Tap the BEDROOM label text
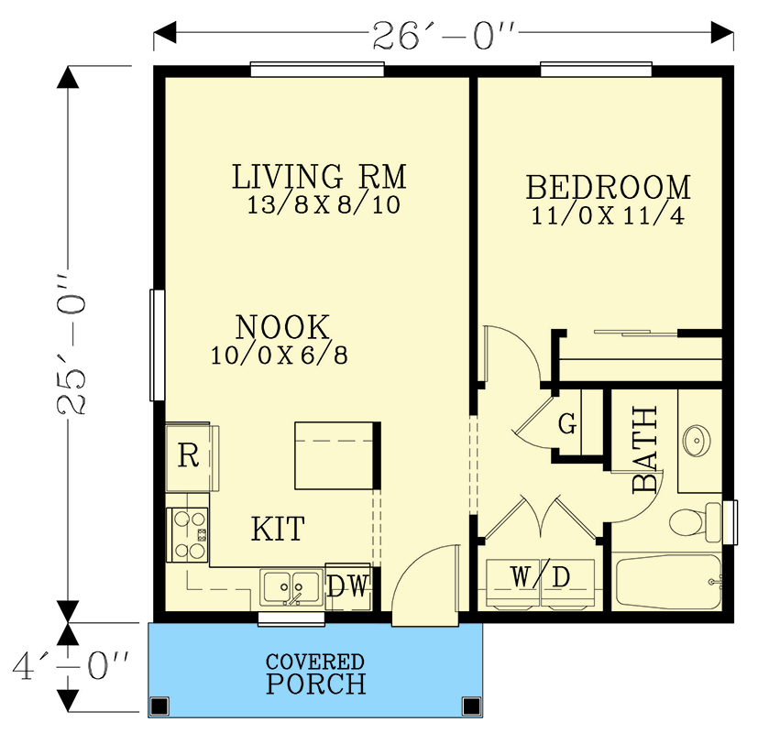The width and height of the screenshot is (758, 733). point(608,187)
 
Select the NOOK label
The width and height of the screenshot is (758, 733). point(281,327)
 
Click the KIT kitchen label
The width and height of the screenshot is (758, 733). point(278,529)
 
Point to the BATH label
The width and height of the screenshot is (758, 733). point(646,450)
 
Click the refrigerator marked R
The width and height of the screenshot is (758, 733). point(189,456)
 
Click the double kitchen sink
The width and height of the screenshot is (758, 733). point(291,587)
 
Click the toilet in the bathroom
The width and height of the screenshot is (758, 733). point(692,522)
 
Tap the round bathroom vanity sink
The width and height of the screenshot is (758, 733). point(698,441)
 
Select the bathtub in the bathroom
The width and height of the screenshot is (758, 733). point(667,581)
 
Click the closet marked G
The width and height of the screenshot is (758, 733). point(568,424)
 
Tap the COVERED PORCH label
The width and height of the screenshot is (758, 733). point(315,673)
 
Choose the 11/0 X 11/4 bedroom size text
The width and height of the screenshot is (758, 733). point(608,216)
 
